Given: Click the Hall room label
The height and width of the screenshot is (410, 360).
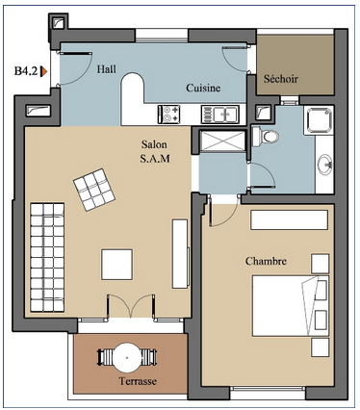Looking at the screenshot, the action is click(107, 69).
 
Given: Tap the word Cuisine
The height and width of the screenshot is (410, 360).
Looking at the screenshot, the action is click(203, 88).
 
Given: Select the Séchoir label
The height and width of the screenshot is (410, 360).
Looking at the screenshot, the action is click(281, 79).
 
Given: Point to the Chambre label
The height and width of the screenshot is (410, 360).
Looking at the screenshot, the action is click(266, 261).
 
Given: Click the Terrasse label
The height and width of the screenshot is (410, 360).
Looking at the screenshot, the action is click(138, 381).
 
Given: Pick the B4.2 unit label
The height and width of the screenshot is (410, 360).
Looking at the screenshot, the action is click(26, 71).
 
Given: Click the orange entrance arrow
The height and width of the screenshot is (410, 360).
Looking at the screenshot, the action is click(43, 71).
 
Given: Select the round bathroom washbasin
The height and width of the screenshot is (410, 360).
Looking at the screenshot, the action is click(325, 165).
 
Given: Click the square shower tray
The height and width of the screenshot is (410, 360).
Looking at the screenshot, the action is click(320, 120).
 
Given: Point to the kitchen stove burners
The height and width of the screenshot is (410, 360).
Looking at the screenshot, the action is click(168, 115).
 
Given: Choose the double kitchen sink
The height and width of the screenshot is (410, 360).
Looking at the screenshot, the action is click(220, 115).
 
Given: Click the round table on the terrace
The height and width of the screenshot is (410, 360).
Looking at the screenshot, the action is click(127, 357).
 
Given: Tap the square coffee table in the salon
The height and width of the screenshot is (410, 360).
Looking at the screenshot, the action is click(117, 265).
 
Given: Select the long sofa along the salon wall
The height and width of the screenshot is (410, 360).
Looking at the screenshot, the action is click(47, 257).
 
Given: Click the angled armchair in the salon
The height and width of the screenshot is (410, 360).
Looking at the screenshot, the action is click(94, 190).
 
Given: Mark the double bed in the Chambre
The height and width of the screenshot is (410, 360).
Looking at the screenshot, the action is click(291, 305).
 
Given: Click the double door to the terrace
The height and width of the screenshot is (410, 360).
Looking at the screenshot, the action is click(131, 306).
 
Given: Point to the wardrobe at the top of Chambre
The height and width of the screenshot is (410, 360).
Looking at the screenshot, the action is click(289, 219).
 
